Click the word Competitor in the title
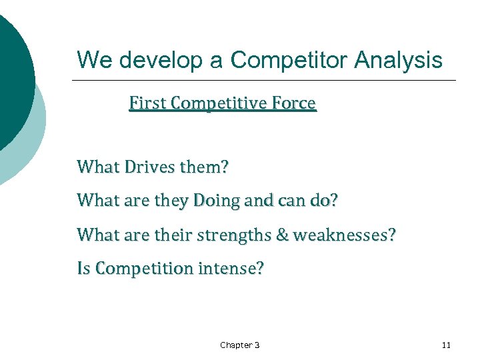click(289, 61)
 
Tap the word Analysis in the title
click(398, 61)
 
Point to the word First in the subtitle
click(147, 104)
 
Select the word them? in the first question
click(203, 166)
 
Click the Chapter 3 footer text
click(240, 345)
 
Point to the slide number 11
click(446, 345)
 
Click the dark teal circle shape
click(13, 73)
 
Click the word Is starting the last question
click(84, 269)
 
